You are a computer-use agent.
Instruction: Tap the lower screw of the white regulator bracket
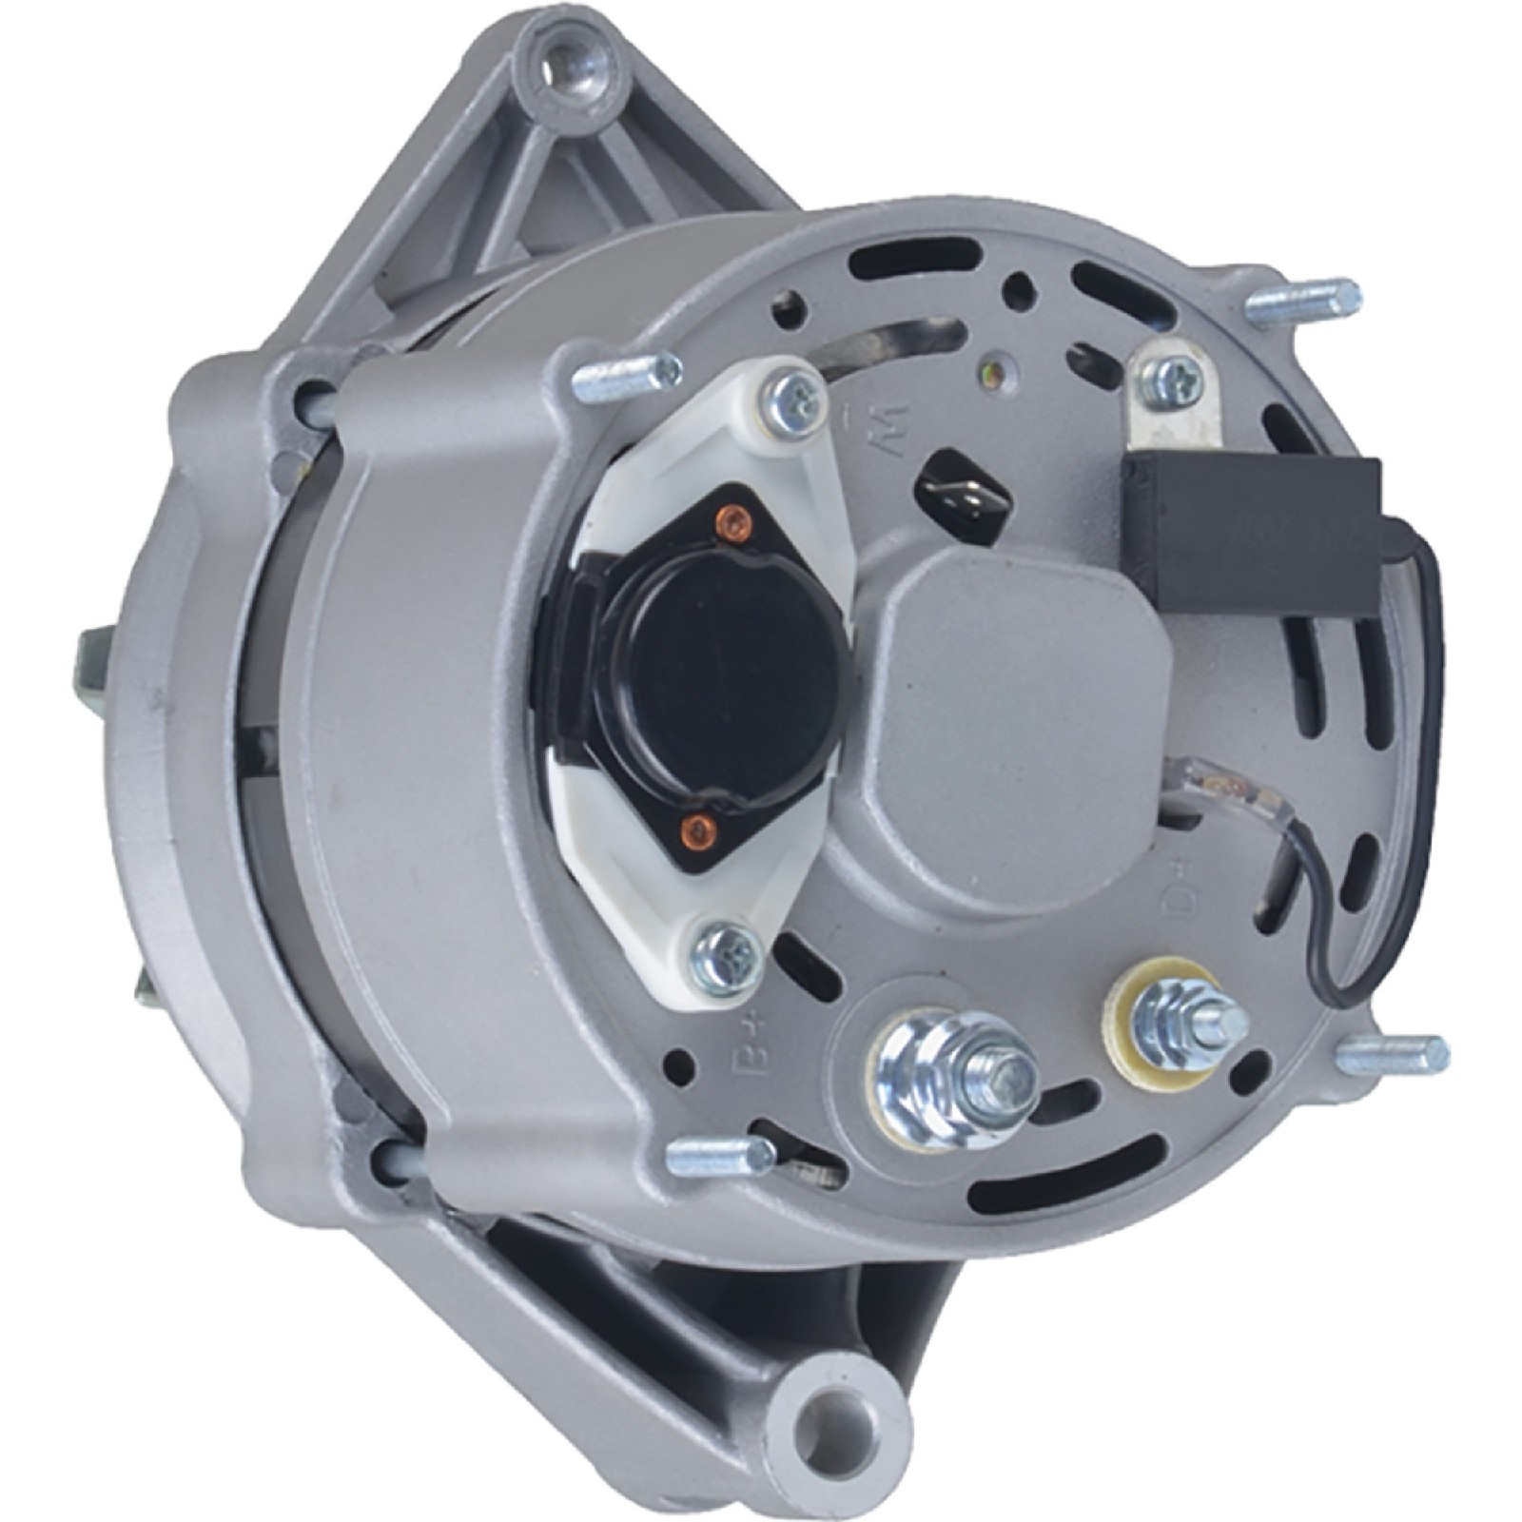(727, 956)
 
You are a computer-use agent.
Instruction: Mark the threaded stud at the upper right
(1302, 299)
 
